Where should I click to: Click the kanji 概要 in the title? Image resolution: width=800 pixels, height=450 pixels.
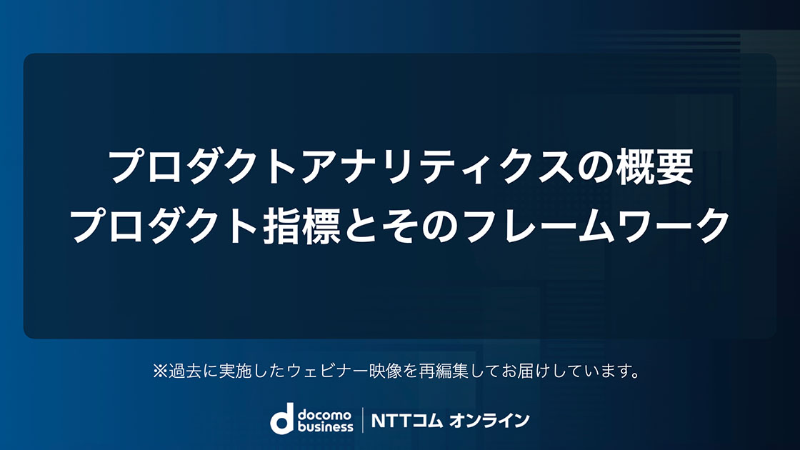coord(654,167)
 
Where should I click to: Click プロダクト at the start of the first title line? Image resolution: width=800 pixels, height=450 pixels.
coord(204,167)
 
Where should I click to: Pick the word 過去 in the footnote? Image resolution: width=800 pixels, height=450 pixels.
coord(185,371)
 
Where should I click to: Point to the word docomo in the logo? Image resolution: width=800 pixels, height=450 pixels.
coord(324,414)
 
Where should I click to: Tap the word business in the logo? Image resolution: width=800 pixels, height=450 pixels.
coord(325,426)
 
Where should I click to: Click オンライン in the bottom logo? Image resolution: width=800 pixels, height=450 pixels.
coord(489,421)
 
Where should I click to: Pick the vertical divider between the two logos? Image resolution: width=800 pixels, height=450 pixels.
coord(362,420)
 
